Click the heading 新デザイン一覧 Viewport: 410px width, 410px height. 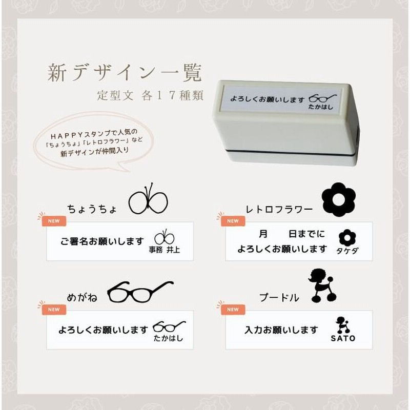tap(125, 72)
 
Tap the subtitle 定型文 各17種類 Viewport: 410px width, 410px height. tap(150, 95)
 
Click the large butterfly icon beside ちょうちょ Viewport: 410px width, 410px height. tap(148, 199)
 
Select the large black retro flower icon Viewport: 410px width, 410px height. tap(339, 199)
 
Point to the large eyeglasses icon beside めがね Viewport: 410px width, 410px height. tap(140, 292)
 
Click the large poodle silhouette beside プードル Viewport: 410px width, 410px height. tap(322, 285)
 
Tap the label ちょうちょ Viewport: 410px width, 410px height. tap(92, 209)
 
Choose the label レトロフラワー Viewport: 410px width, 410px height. tap(279, 210)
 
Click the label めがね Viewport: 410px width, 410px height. tap(82, 298)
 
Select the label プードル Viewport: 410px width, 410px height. tap(279, 298)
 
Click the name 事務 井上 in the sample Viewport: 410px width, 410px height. tap(165, 250)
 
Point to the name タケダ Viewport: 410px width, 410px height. tap(347, 251)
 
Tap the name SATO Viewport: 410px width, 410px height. tap(343, 338)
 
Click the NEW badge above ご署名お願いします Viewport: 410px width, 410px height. tap(54, 221)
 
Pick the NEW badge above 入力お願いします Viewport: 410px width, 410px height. tap(233, 310)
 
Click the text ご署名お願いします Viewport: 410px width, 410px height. tap(102, 241)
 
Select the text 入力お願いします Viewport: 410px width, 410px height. tap(281, 330)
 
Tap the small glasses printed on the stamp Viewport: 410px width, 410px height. tap(323, 98)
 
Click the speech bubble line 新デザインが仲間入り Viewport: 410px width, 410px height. tap(95, 152)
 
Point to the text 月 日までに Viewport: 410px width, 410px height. tap(292, 234)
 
